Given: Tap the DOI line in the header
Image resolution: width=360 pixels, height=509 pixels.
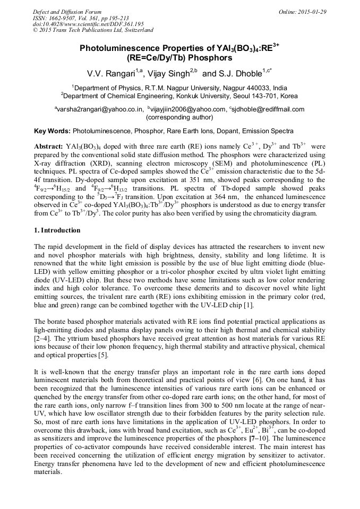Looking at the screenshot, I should (88, 24).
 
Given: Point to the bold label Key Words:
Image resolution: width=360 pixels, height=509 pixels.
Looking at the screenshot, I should (52, 131).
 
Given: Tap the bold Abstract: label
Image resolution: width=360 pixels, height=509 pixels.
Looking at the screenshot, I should (48, 145).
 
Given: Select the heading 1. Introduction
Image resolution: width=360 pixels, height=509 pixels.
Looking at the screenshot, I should (57, 230).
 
